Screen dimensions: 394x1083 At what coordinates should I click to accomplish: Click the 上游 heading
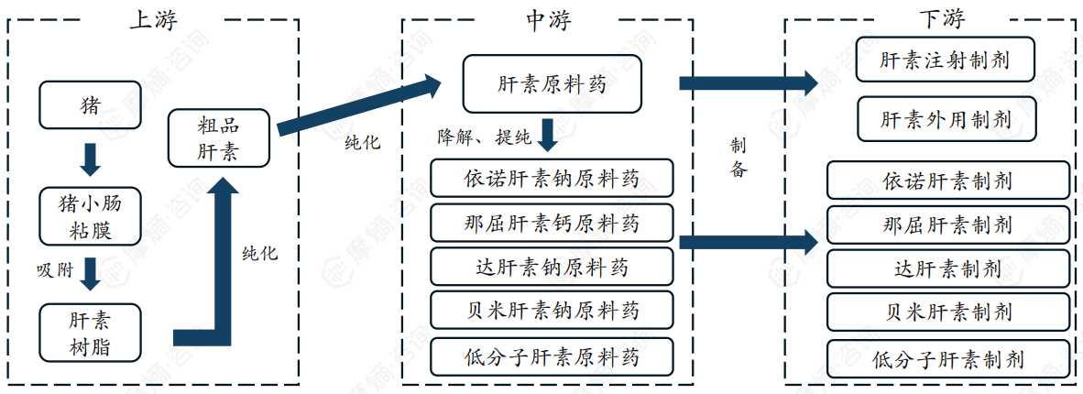[153, 19]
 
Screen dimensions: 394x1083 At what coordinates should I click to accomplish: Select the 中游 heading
[548, 19]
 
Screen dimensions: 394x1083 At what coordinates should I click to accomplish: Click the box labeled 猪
[91, 104]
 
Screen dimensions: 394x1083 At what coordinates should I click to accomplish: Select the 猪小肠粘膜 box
[91, 216]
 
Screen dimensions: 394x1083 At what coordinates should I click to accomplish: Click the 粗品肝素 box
[219, 137]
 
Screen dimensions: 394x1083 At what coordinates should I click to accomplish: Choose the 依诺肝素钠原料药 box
[552, 178]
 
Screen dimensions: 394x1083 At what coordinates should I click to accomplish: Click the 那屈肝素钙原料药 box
[552, 223]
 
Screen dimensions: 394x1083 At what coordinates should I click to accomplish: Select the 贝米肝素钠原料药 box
[552, 311]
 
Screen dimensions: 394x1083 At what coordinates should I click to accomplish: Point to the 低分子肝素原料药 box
[552, 356]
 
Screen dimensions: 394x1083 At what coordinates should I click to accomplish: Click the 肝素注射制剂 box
[945, 60]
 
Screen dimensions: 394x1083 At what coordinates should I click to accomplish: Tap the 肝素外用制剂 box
[945, 119]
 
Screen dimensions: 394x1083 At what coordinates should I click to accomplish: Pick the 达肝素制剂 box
[947, 268]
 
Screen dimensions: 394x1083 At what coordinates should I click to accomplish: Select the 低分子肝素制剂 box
[947, 358]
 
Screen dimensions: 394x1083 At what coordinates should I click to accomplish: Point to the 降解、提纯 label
[485, 138]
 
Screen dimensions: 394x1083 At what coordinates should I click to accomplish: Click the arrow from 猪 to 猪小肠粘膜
[91, 159]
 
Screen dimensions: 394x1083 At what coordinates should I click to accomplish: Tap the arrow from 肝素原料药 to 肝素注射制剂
[747, 83]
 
